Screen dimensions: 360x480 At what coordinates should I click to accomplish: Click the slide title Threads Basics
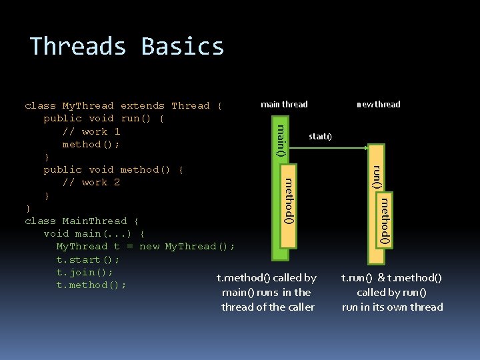(127, 47)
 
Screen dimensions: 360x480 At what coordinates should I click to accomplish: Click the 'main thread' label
(284, 104)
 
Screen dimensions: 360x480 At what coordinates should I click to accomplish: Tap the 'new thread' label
(378, 104)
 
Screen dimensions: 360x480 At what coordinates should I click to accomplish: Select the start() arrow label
(320, 137)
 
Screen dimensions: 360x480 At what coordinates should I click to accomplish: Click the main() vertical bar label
(281, 141)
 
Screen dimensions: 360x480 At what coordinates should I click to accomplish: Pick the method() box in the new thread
(385, 220)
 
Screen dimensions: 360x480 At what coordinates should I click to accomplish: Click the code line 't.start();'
(88, 259)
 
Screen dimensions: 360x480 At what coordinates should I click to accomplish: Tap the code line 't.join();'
(85, 272)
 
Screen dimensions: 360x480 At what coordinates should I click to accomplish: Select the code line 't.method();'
(91, 285)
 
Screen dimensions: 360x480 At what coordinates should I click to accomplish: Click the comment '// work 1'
(91, 131)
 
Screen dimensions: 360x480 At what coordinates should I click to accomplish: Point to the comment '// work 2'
(91, 182)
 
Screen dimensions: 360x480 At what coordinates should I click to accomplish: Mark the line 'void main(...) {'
(94, 233)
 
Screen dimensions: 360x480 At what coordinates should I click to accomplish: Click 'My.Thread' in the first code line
(90, 106)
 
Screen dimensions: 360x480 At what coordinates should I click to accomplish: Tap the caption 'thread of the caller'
(267, 307)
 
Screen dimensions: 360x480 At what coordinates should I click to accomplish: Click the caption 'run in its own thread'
(392, 307)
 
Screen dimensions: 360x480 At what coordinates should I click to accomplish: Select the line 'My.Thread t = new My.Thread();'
(145, 246)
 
